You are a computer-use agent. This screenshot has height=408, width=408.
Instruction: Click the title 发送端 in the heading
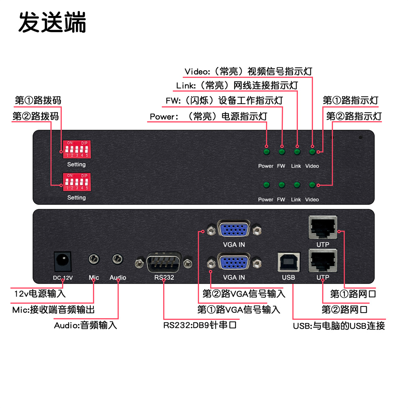(x=52, y=22)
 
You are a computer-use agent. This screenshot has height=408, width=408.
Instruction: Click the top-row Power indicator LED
(x=266, y=152)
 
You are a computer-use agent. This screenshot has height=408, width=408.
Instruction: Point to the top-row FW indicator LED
(x=282, y=152)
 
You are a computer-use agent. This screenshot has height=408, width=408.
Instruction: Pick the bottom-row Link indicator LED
(x=297, y=185)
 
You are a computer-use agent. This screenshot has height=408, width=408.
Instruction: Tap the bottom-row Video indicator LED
(x=312, y=185)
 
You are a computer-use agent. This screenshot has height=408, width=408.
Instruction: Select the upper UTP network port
(x=323, y=227)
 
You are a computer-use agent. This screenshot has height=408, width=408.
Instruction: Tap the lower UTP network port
(x=323, y=261)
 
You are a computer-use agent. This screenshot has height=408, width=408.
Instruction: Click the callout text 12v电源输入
(x=40, y=293)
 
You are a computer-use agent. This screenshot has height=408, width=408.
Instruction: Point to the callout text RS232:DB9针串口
(x=200, y=325)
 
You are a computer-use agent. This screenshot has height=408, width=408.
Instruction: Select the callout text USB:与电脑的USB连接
(x=339, y=326)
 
